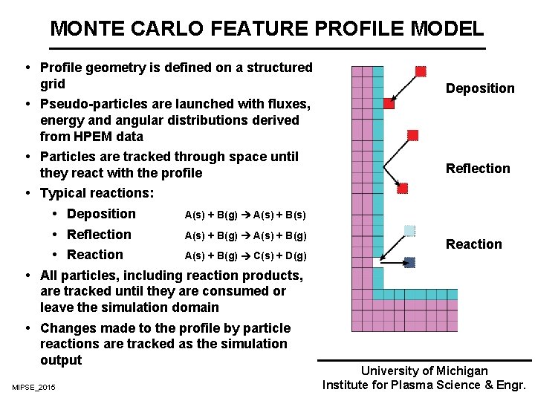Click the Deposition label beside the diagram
(479, 88)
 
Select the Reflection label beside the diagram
(478, 169)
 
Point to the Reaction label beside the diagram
(473, 244)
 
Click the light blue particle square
(409, 230)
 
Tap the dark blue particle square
(409, 262)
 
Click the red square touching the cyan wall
(389, 104)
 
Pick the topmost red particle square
(421, 71)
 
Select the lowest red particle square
(403, 189)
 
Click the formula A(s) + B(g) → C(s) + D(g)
(245, 256)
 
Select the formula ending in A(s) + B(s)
(245, 215)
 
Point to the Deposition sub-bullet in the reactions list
(101, 214)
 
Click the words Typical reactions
(97, 193)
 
